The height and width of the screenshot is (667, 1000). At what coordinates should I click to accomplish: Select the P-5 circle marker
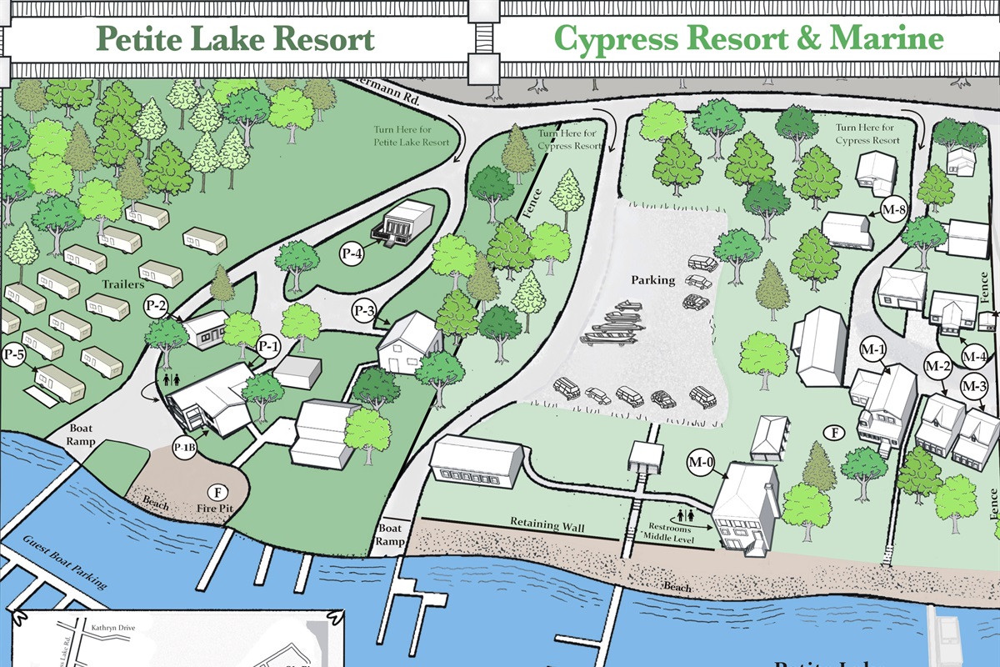coord(14,354)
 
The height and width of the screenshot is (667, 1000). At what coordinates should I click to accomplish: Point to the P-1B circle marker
coord(184,448)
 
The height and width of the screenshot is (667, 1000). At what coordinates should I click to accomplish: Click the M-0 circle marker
coord(700,461)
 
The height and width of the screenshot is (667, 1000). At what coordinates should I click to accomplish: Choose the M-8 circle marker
coord(893,210)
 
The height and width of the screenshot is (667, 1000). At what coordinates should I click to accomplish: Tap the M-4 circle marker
coord(975,357)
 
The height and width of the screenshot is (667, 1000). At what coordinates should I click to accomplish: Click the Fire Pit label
coord(215,506)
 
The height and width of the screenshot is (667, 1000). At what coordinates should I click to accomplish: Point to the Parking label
coord(652,280)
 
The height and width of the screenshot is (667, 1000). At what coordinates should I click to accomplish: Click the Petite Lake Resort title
coord(234,39)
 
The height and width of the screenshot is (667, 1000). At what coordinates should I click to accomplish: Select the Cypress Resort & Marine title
coord(748,39)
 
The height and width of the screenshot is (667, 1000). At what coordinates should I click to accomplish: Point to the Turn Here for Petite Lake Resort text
coord(411,137)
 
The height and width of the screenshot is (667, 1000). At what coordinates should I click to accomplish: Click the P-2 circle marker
coord(157,305)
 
